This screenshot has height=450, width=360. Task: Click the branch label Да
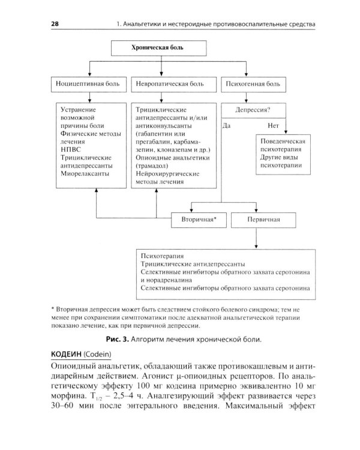(227, 127)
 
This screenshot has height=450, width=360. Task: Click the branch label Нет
(275, 127)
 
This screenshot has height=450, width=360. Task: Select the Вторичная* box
(198, 220)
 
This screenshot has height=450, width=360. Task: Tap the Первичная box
(264, 220)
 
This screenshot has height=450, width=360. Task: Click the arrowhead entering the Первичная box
(256, 211)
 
